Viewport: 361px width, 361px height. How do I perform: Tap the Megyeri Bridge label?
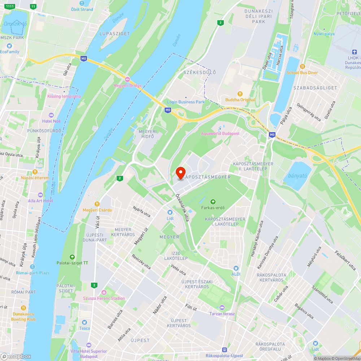pos(127,86)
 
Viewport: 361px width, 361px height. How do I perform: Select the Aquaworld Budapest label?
pos(220,134)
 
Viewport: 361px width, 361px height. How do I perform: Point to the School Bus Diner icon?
pos(303,66)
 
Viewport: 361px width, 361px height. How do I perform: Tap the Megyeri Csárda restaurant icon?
pos(97,204)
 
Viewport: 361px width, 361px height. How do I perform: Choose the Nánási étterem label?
pos(35,178)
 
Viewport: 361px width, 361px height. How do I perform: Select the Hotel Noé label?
pos(52,121)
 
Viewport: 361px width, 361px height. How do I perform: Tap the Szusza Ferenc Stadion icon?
pos(104,292)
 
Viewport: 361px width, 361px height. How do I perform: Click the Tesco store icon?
pos(84,322)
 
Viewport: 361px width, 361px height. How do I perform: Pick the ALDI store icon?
pos(236,268)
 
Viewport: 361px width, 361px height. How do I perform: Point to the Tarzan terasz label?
pos(222,314)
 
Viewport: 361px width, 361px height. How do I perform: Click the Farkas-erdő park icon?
pos(213,201)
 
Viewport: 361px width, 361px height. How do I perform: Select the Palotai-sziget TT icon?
pos(72,257)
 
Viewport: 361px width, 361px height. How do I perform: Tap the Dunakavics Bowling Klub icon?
pos(23,308)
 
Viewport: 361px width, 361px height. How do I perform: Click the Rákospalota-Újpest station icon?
pos(225,349)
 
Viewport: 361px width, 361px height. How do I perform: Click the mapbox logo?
pos(16,356)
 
